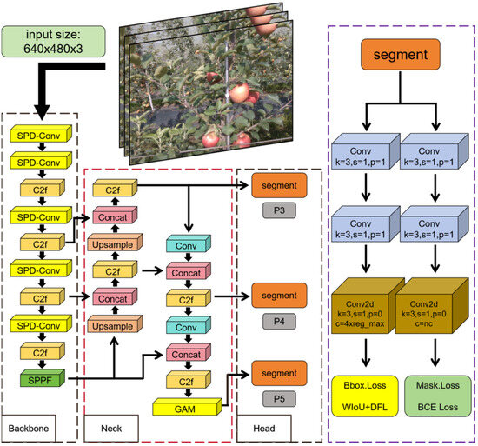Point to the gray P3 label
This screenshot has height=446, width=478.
279,210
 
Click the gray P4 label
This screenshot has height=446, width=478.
279,320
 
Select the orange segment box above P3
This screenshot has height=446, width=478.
279,184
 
